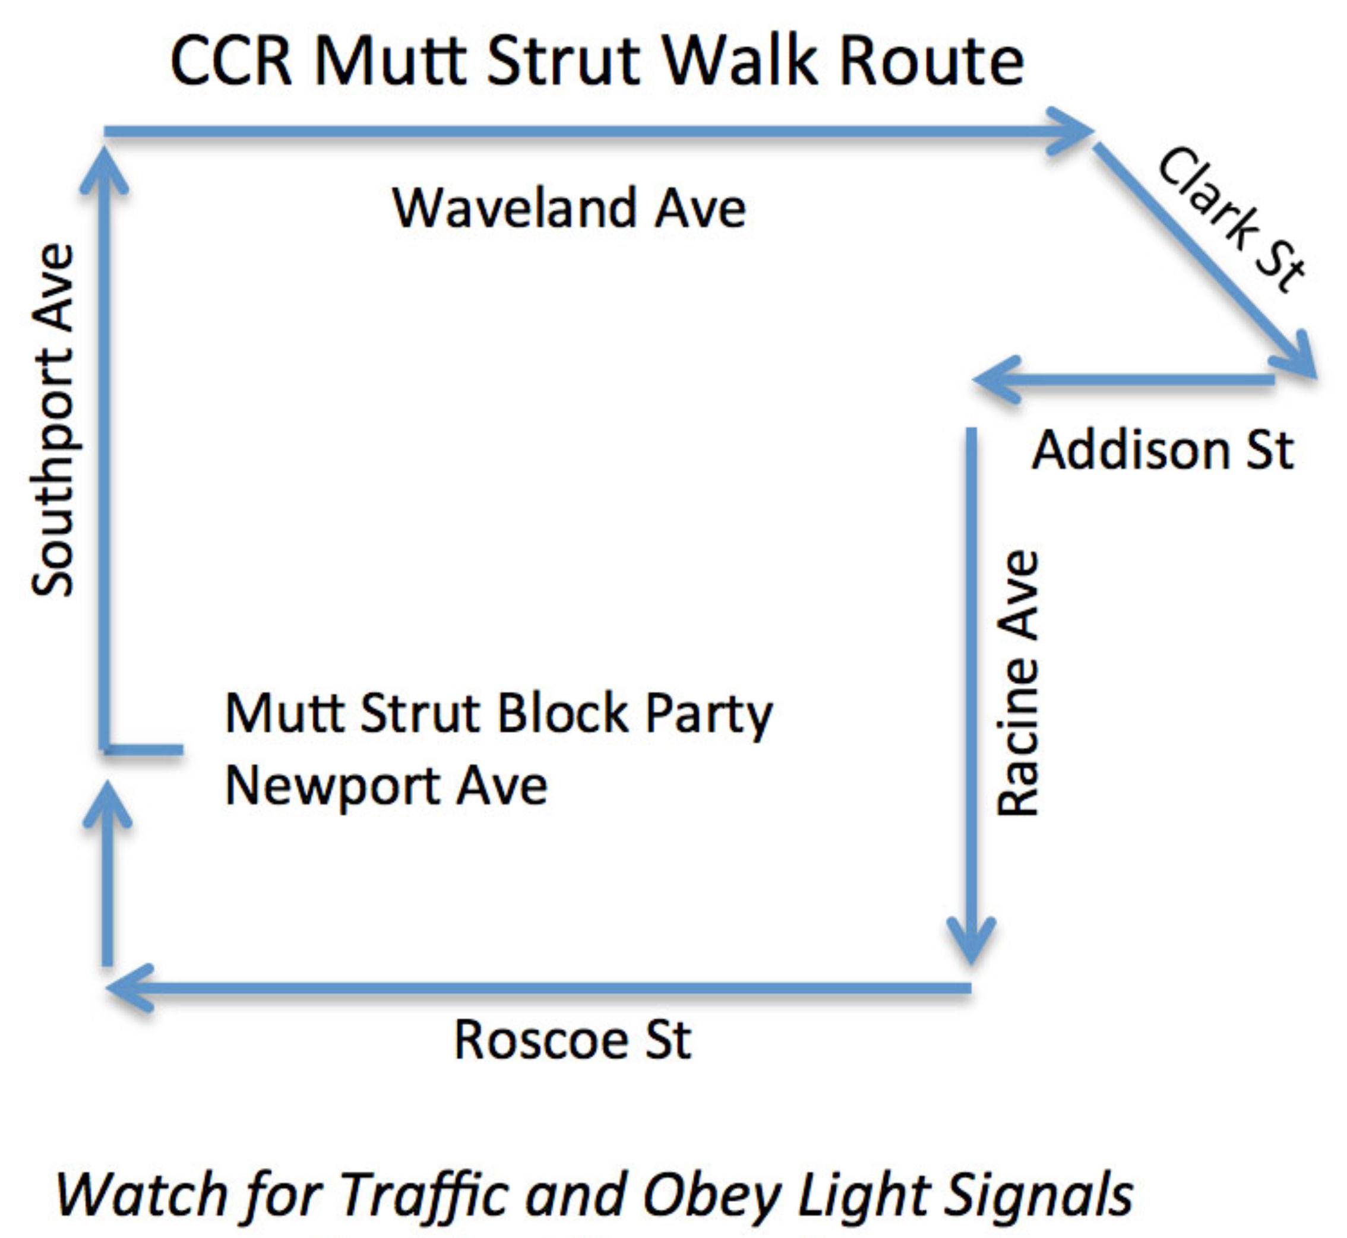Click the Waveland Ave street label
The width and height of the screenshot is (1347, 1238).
click(x=569, y=208)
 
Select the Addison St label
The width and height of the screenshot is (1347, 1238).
click(x=1163, y=449)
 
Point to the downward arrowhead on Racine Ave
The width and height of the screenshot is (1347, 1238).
click(x=971, y=941)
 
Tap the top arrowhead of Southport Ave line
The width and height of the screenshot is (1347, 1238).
click(x=104, y=171)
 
